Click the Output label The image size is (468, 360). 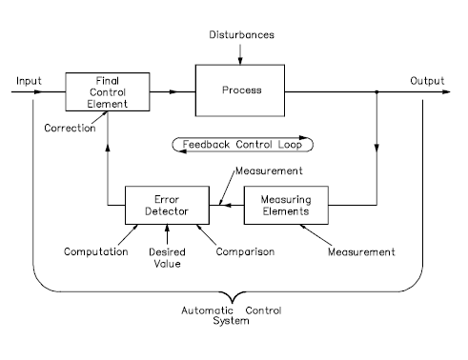pos(428,80)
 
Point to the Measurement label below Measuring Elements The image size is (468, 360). pos(361,252)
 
